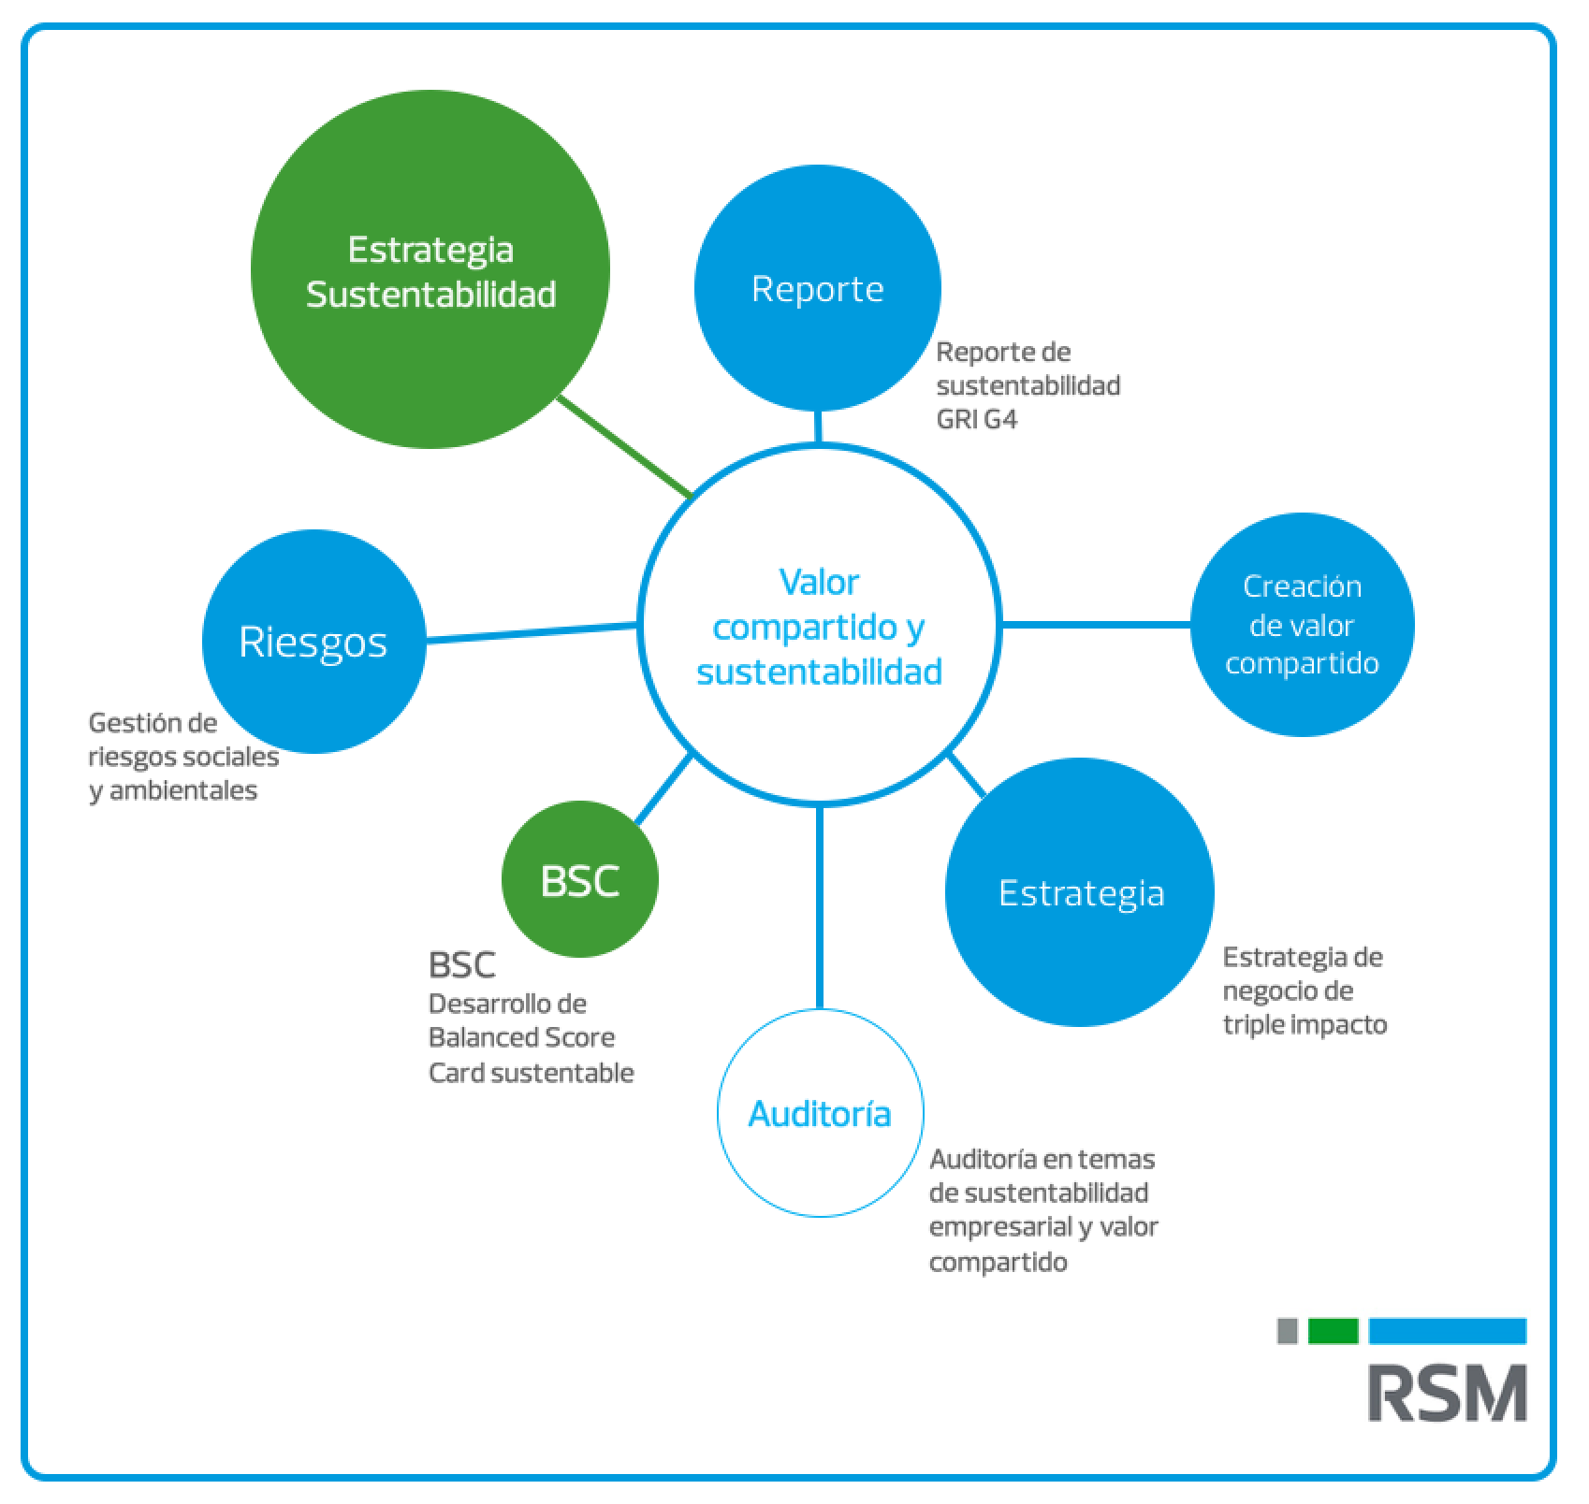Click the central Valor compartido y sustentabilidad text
pos(819,626)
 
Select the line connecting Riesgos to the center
pos(532,632)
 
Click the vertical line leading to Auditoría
pos(820,907)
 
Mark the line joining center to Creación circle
pos(1096,624)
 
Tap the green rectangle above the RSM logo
pos(1333,1331)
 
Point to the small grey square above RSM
pos(1288,1331)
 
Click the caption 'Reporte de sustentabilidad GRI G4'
pos(1028,385)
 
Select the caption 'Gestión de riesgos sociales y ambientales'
pos(183,757)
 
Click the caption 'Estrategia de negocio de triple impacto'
pos(1304,991)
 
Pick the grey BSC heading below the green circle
pos(461,964)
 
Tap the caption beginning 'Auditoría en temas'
pos(1042,1210)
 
